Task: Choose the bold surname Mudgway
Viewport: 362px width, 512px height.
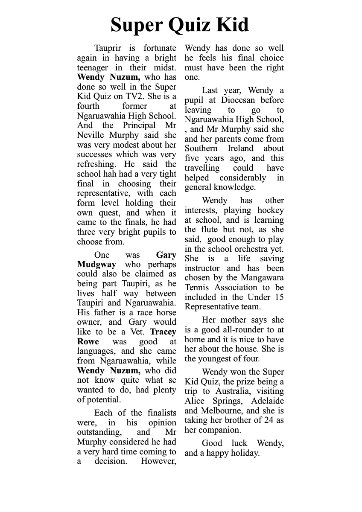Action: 96,265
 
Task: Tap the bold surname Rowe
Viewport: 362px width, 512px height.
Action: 88,342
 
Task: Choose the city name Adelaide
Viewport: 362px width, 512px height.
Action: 267,401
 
